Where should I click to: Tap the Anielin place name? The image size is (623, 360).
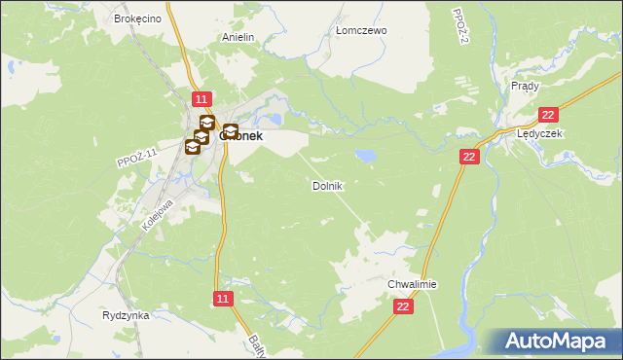pos(238,37)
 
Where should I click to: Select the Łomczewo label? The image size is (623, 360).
pos(361,30)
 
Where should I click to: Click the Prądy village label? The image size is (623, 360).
pos(525,86)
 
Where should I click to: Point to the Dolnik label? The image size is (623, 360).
pos(327,185)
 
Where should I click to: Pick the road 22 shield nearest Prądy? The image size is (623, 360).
pos(546,115)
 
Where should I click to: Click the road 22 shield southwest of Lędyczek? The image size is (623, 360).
pos(470,157)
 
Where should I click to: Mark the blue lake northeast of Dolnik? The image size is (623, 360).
pos(366,154)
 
